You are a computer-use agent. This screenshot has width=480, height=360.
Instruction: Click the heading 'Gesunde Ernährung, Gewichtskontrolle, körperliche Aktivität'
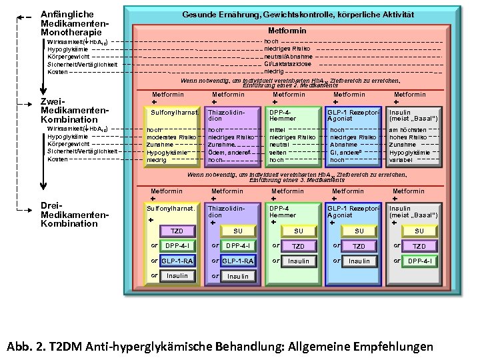[289, 15]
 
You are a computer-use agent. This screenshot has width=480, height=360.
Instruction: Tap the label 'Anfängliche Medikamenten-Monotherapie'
[71, 23]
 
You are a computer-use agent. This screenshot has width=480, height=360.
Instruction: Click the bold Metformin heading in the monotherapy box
[287, 31]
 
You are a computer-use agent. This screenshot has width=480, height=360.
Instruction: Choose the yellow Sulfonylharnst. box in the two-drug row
[173, 113]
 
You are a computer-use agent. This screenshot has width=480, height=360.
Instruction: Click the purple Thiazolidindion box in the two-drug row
[232, 115]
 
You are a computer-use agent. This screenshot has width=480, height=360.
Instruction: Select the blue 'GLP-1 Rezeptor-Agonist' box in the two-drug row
[353, 115]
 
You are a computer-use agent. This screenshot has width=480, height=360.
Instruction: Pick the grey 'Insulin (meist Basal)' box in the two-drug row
[414, 115]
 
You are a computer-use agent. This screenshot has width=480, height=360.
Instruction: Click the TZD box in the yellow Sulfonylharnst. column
[177, 231]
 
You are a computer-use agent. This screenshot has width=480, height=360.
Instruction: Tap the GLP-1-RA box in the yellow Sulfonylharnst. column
[177, 261]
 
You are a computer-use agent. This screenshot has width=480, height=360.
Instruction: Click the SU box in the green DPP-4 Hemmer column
[299, 231]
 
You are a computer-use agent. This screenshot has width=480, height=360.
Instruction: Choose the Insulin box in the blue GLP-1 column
[359, 261]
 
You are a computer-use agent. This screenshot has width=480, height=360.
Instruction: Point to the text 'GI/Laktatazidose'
[288, 63]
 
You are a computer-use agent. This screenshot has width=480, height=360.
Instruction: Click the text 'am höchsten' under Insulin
[407, 130]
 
